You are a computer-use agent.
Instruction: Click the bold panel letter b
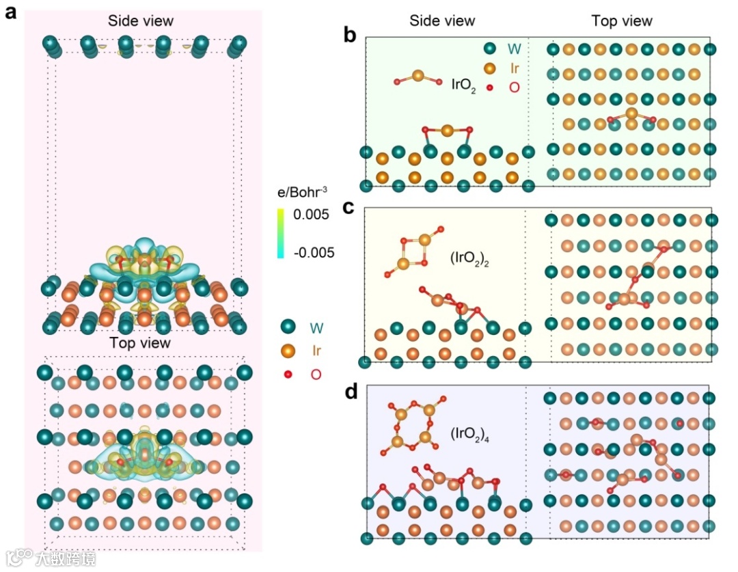[350, 34]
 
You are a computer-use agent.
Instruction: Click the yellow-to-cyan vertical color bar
[281, 234]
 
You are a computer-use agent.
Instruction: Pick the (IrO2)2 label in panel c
[473, 258]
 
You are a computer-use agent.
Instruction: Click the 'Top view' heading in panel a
[140, 342]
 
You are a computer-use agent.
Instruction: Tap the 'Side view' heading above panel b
[442, 21]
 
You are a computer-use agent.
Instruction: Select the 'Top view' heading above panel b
[622, 21]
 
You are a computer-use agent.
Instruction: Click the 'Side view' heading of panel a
[141, 21]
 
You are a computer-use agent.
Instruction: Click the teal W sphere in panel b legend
[489, 49]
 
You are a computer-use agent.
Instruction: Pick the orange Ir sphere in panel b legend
[489, 68]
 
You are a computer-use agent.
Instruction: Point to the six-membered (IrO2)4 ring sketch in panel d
[413, 426]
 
